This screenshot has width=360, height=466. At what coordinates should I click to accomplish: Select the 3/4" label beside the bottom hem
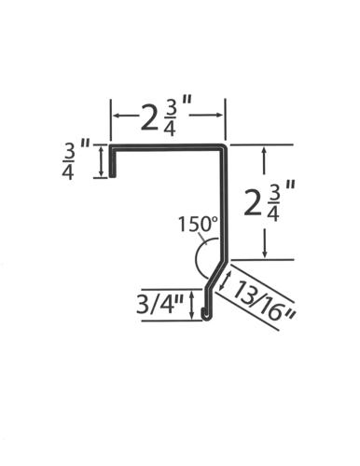(x=160, y=304)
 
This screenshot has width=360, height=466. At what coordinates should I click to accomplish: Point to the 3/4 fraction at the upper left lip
(x=69, y=162)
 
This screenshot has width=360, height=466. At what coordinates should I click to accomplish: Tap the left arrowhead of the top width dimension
(x=117, y=116)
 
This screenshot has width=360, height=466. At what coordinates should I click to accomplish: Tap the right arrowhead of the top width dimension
(x=219, y=115)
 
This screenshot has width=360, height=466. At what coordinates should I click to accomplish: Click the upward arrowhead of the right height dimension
(x=264, y=151)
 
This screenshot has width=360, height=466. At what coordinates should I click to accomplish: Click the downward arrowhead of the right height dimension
(x=265, y=254)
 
